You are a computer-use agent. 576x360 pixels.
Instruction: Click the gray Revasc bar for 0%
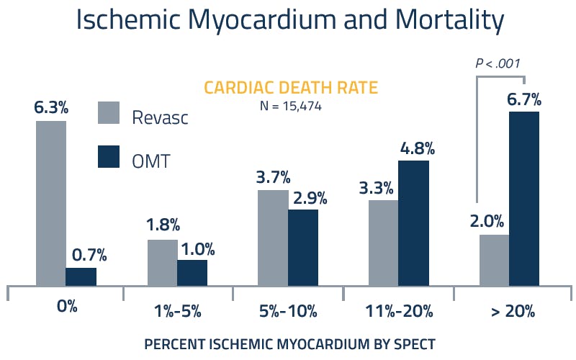point(50,203)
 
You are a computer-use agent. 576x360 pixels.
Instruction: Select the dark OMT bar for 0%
point(81,276)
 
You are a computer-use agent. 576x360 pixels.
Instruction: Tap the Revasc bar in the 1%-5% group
point(162,262)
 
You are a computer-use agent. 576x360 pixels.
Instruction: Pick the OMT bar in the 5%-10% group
point(302,247)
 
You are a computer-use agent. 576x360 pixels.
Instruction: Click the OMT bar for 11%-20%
point(413,222)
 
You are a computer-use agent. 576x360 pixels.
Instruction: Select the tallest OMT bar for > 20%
point(523,198)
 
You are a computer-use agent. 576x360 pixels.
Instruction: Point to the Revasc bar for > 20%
point(494,259)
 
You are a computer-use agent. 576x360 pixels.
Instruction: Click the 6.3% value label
point(50,108)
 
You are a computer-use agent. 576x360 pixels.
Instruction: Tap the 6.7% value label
point(524,99)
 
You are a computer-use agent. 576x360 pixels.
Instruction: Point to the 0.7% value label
point(89,255)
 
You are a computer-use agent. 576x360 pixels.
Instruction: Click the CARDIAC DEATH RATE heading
point(291,88)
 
